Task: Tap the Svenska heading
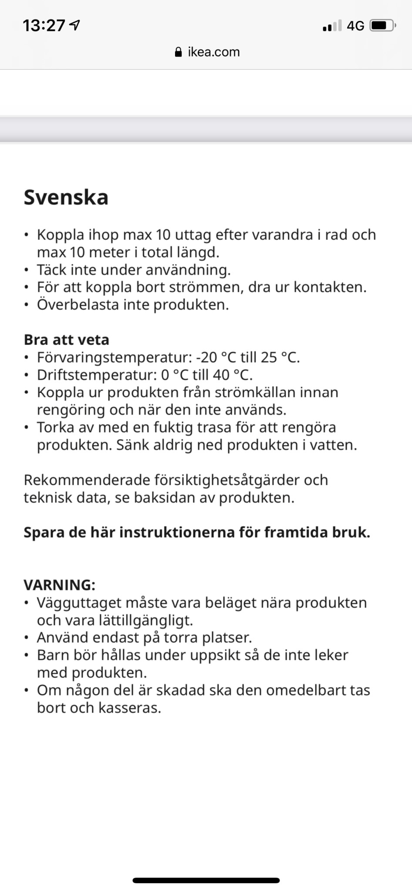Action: [66, 197]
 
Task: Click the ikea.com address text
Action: [214, 52]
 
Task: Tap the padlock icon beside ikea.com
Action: [178, 53]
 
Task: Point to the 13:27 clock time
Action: [44, 26]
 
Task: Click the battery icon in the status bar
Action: [382, 26]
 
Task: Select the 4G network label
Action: [355, 26]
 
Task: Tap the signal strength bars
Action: [332, 26]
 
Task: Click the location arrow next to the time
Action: [75, 25]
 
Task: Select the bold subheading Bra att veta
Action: [66, 340]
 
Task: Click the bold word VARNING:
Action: [59, 585]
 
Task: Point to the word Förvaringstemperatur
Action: [114, 358]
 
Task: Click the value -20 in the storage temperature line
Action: [206, 358]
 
